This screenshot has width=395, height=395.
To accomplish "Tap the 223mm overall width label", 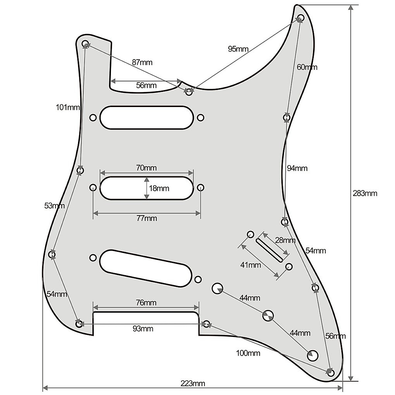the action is click(x=193, y=383).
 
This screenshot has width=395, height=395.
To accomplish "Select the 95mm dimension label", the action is click(x=238, y=49).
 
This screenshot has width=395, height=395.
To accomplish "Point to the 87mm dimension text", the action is click(x=142, y=62).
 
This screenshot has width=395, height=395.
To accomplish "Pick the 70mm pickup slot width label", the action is click(x=146, y=168).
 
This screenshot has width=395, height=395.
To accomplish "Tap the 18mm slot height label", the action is click(x=159, y=188).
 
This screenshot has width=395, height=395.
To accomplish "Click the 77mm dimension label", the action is click(x=146, y=219).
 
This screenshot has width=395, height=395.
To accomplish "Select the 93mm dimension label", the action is click(x=143, y=329).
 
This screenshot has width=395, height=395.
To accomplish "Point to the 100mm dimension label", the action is click(x=248, y=353).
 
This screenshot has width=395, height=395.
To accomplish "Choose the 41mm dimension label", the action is click(x=250, y=265).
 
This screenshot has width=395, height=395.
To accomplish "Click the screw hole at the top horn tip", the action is click(x=300, y=17).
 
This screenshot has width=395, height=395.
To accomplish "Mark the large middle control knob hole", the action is click(x=268, y=315).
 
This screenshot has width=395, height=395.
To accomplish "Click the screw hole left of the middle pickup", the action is click(x=93, y=188).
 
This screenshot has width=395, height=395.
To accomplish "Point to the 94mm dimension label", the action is click(x=297, y=168).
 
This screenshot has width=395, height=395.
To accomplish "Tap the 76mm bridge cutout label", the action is click(x=146, y=303).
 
